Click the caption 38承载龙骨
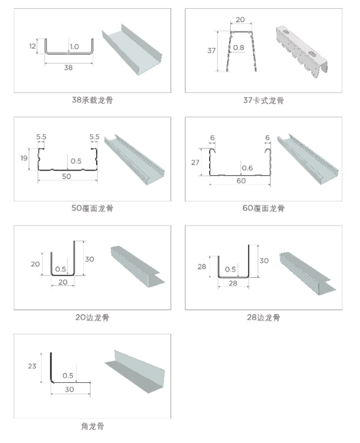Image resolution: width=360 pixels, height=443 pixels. pos(92,100)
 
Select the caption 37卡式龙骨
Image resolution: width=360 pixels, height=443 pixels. pos(263,100)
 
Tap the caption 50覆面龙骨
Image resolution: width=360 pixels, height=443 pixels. pos(92,208)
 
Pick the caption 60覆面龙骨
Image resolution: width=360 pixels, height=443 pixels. pos(263,208)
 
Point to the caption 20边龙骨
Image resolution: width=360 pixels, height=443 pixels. pos(92,318)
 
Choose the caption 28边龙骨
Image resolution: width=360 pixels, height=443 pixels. pos(263,318)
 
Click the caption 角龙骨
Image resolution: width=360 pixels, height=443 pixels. pos(92,426)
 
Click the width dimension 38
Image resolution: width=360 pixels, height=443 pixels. pos(68,67)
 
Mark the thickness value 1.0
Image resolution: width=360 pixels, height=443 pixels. pos(75,47)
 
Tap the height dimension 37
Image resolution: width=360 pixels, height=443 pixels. pos(211,51)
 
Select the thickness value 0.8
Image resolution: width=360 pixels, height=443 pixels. pos(239,48)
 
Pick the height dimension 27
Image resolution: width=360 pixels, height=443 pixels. pos(195,162)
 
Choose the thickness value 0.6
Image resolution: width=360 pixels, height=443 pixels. pos(246,168)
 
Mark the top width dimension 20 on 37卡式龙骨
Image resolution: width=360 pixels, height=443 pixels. pos(240,20)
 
